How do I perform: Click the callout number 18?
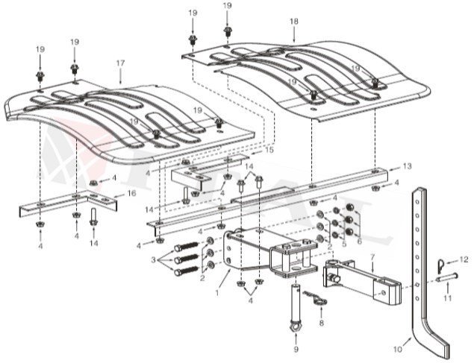tap(293, 23)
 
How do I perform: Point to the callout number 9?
tap(296, 349)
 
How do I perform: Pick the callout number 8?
tap(321, 323)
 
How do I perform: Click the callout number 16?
tap(132, 193)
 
